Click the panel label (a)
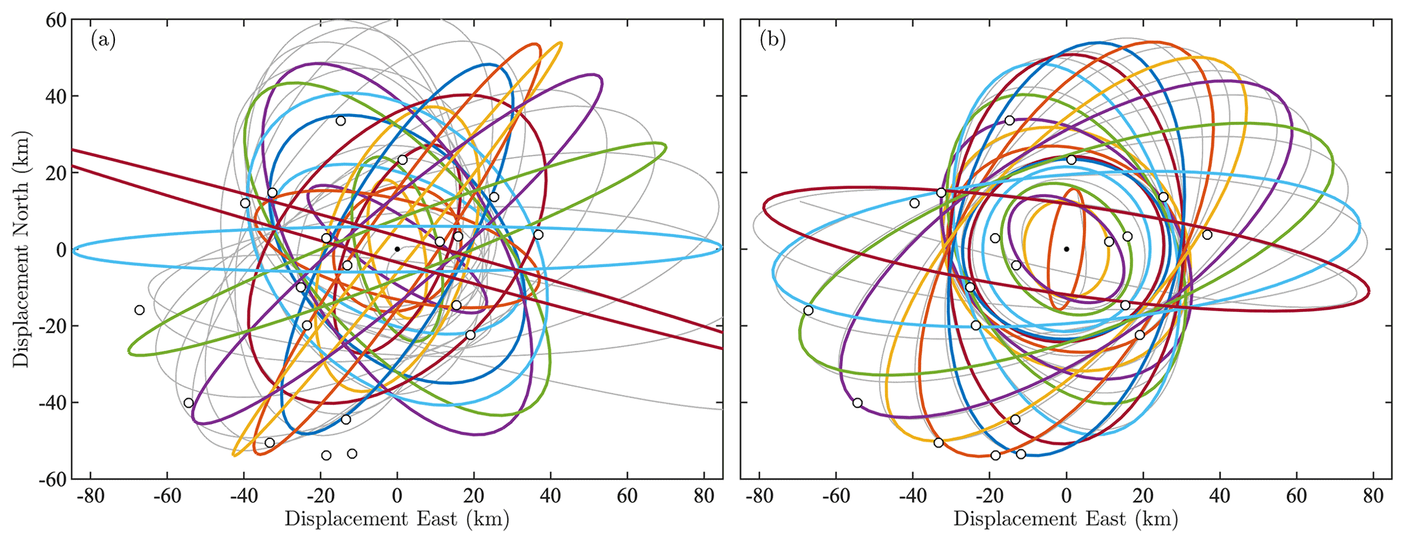tap(103, 40)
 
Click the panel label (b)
tap(772, 40)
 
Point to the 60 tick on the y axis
tap(55, 20)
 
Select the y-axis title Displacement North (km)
tap(22, 250)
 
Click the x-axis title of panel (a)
tap(397, 520)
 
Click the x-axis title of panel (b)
tap(1066, 520)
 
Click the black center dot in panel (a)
tap(397, 249)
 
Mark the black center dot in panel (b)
tap(1066, 249)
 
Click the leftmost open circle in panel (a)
tap(139, 310)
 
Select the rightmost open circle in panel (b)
tap(1207, 235)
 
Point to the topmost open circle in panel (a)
tap(341, 121)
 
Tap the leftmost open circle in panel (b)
tap(808, 311)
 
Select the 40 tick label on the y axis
tap(55, 97)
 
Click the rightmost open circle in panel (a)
tap(538, 235)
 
